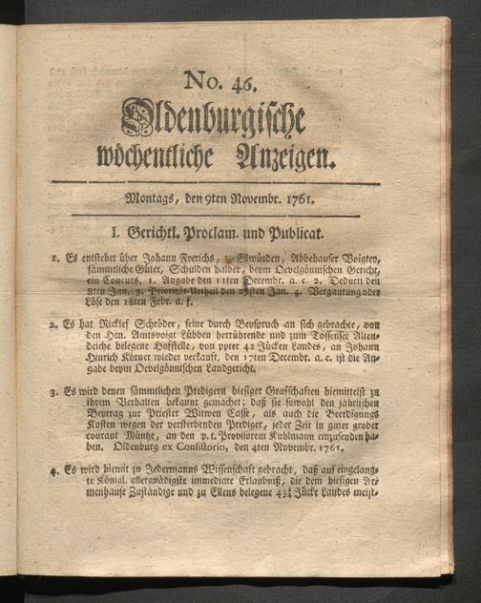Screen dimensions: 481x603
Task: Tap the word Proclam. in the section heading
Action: coord(227,232)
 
